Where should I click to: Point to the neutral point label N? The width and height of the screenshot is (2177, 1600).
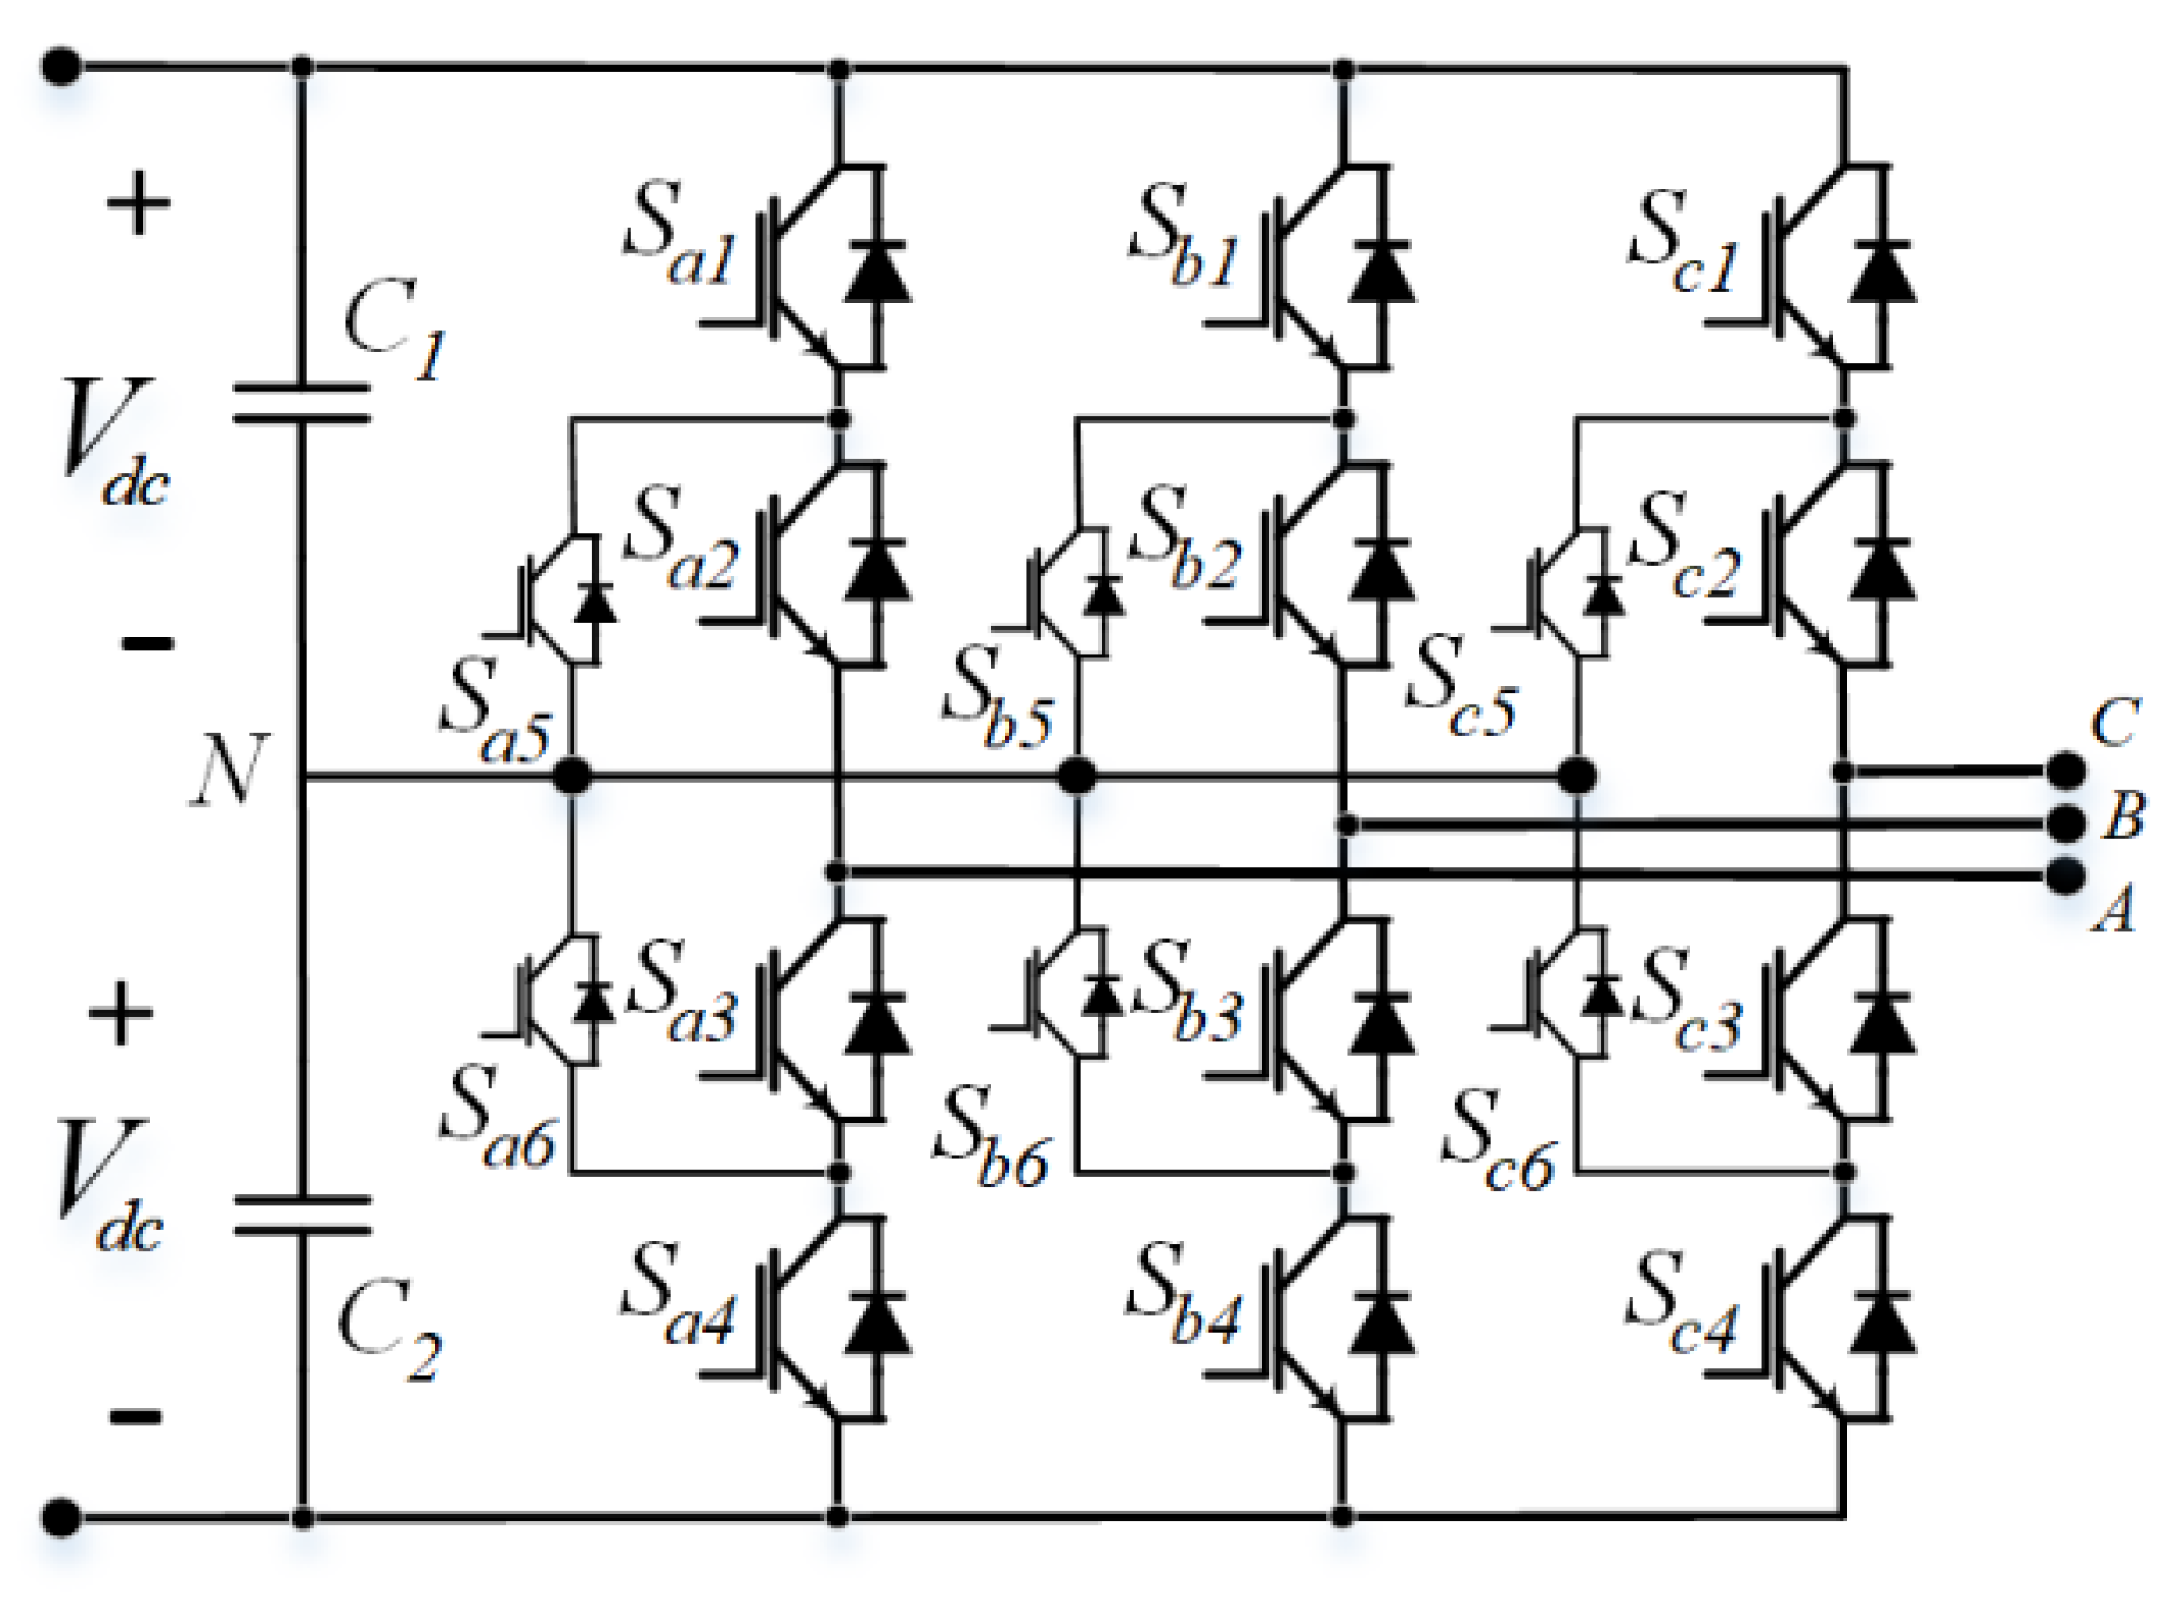pos(226,770)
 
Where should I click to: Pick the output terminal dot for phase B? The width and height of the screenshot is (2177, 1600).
pos(2066,824)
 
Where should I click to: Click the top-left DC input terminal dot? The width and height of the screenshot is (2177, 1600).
pos(61,66)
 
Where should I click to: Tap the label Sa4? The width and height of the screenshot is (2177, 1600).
pos(677,1294)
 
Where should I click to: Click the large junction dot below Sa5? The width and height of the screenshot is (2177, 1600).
pos(572,776)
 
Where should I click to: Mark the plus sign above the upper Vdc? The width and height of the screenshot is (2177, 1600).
pos(137,204)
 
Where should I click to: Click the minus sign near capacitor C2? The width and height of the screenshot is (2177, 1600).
pos(136,1417)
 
